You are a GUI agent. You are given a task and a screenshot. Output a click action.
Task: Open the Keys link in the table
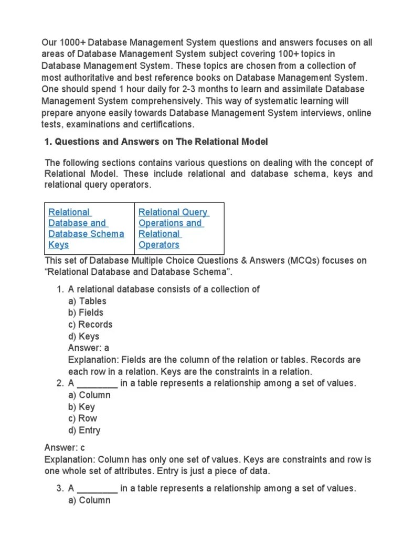[58, 245]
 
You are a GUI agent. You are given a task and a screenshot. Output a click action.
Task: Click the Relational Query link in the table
[173, 212]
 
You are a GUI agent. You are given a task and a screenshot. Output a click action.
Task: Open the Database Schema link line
[86, 234]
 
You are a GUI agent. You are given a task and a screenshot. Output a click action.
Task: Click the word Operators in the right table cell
[158, 245]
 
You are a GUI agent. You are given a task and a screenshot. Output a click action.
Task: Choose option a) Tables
[87, 301]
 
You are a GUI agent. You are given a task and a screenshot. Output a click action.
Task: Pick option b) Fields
[86, 313]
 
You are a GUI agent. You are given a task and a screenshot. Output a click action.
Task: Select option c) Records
[90, 324]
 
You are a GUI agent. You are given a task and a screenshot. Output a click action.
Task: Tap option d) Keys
[83, 336]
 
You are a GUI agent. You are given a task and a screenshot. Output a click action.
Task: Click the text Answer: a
[88, 348]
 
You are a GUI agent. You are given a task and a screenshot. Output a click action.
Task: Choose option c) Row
[82, 418]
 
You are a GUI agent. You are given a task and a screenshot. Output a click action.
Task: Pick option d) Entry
[84, 431]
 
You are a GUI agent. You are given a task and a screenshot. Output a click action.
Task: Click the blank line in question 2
[97, 384]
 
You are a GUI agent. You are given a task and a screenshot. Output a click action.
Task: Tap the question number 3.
[60, 489]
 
